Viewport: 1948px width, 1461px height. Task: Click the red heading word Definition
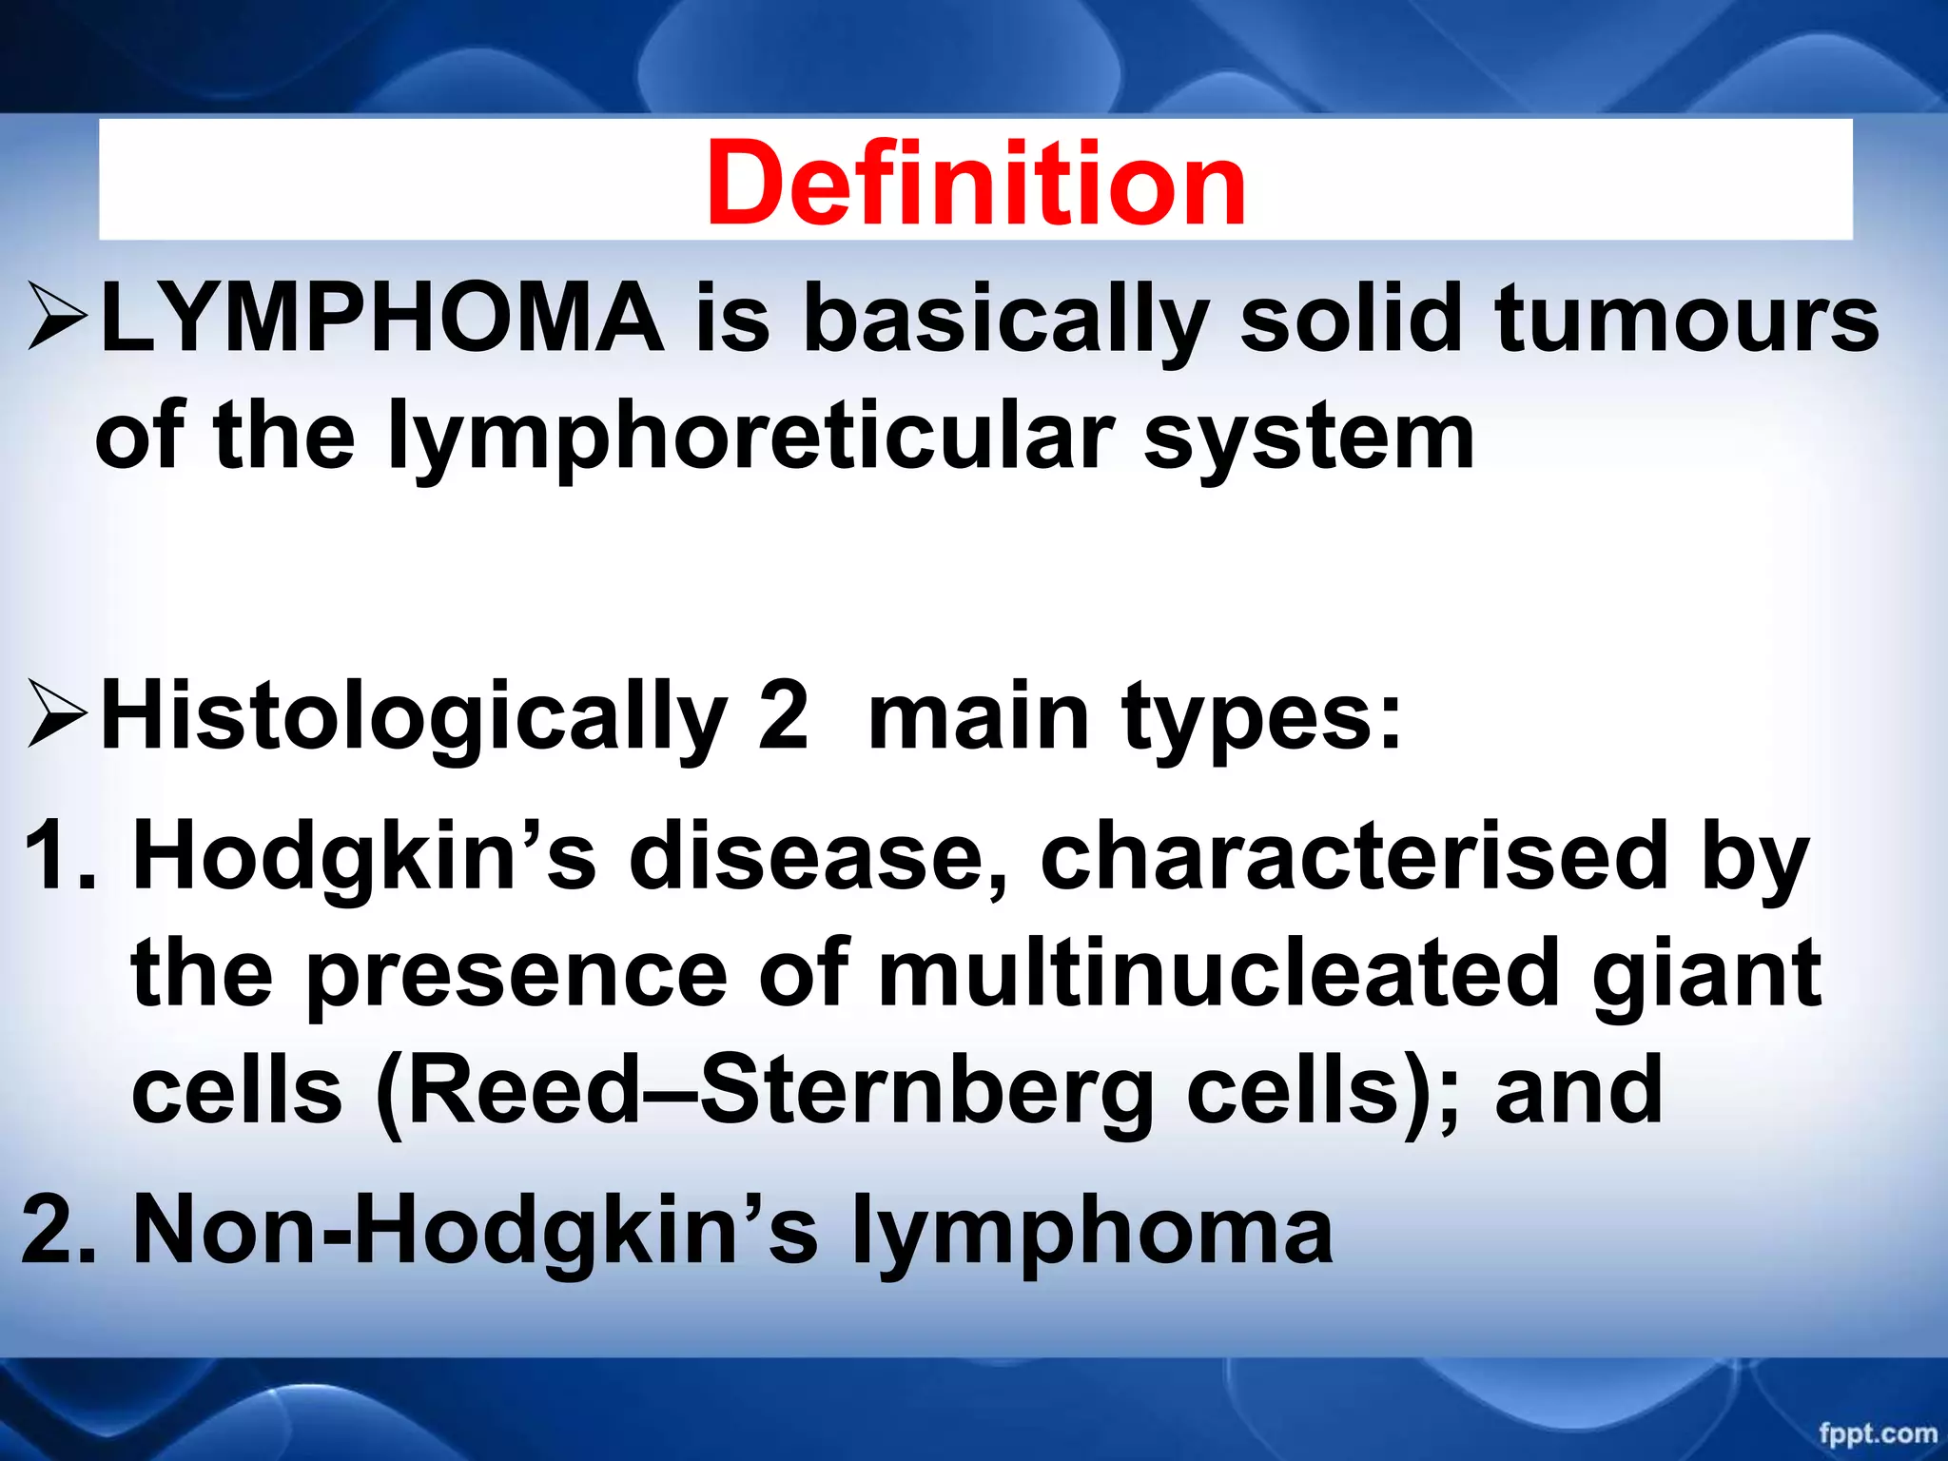coord(975,183)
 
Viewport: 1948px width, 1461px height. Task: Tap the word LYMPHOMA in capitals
coord(380,319)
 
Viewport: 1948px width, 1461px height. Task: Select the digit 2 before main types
coord(783,715)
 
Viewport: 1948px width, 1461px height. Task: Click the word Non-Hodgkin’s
coord(476,1229)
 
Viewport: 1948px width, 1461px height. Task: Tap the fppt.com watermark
coord(1877,1432)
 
